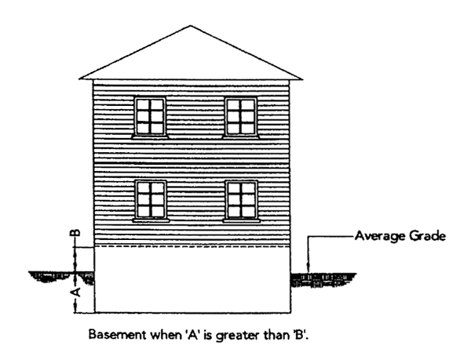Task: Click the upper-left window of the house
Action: (149, 116)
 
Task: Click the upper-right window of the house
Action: (241, 116)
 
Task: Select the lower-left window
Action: (150, 200)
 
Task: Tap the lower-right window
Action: (241, 200)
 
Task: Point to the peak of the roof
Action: (190, 27)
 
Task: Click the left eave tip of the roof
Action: (81, 78)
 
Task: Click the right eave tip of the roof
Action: (301, 78)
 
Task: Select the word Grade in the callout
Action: (429, 235)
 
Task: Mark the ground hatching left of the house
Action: (55, 276)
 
